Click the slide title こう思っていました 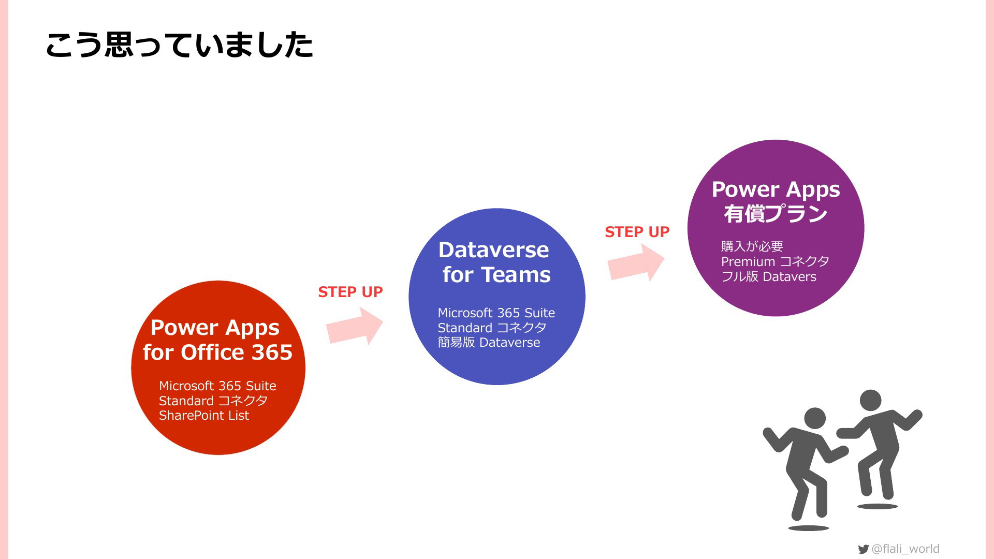tap(179, 45)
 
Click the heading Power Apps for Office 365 tap(217, 340)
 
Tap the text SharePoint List tap(204, 416)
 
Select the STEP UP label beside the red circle tap(350, 292)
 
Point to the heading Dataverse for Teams tap(495, 262)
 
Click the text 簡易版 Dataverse tap(489, 343)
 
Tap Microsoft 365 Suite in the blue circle tap(496, 313)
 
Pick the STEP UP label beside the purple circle tap(637, 232)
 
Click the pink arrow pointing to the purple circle tap(636, 262)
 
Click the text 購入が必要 tap(752, 246)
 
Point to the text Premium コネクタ tap(775, 261)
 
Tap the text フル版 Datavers tap(769, 277)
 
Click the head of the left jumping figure tap(815, 418)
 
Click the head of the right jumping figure tap(870, 401)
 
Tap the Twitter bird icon tap(863, 549)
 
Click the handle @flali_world tap(905, 549)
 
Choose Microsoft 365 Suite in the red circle tap(217, 386)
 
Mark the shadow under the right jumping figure tap(878, 506)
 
